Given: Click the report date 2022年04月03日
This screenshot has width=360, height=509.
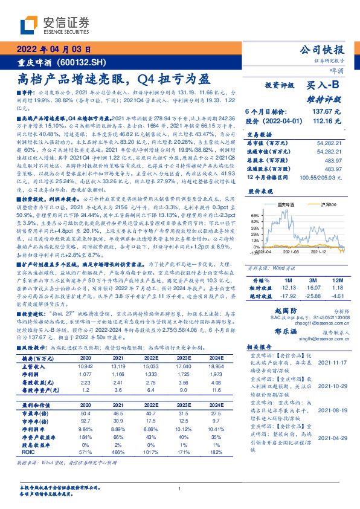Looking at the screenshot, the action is [53, 50].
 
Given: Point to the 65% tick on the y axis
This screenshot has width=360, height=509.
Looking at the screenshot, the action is [255, 215].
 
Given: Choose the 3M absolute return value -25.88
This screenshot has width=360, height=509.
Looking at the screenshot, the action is [313, 296].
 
